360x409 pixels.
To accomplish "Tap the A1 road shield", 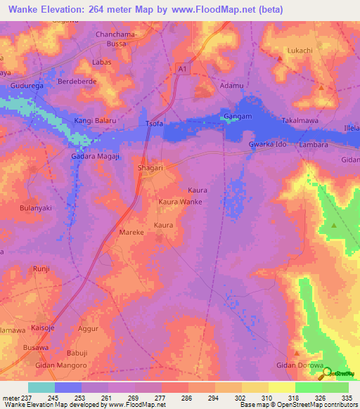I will click(x=183, y=68).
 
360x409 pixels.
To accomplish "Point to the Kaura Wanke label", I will click(x=181, y=202).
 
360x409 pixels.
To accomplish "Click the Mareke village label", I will click(x=131, y=232).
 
